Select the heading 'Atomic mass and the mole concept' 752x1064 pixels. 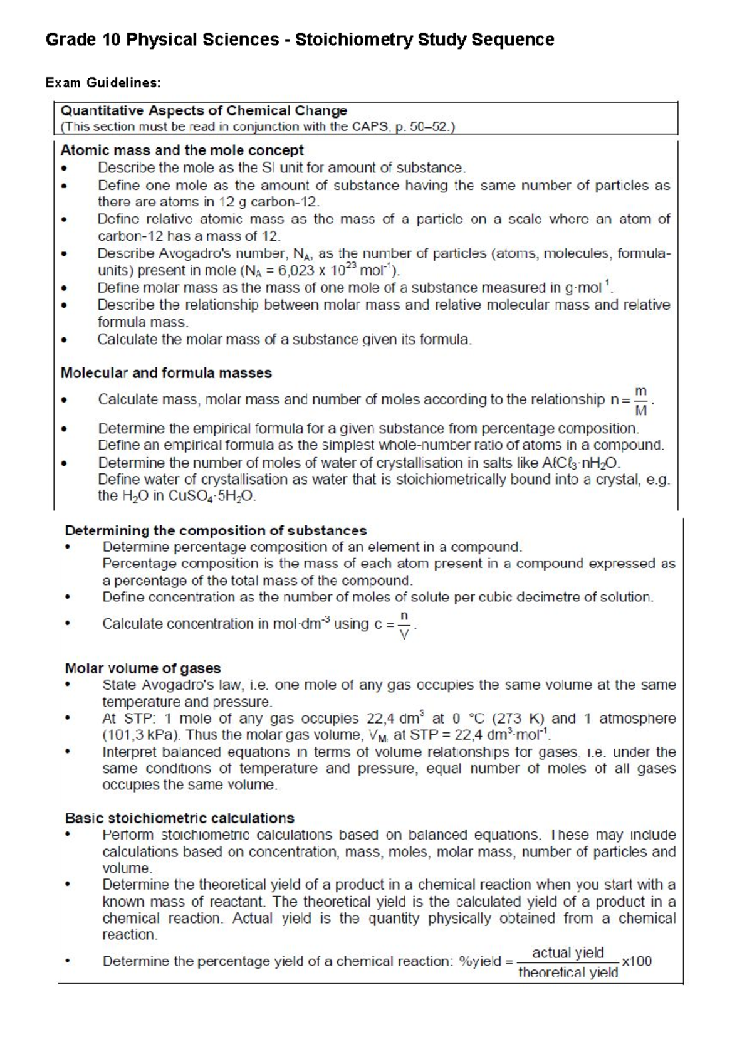coord(182,150)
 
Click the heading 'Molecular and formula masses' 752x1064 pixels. coord(166,373)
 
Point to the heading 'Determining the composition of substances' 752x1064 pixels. coord(216,530)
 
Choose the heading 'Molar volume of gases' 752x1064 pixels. coord(143,668)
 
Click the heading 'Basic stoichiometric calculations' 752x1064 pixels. coord(179,818)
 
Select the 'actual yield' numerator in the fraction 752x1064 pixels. coord(568,953)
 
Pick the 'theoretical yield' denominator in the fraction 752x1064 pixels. coord(568,972)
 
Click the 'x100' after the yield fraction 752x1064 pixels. coord(637,961)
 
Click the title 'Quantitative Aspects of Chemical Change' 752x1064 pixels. coord(203,111)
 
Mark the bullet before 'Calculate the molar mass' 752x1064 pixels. coord(63,340)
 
